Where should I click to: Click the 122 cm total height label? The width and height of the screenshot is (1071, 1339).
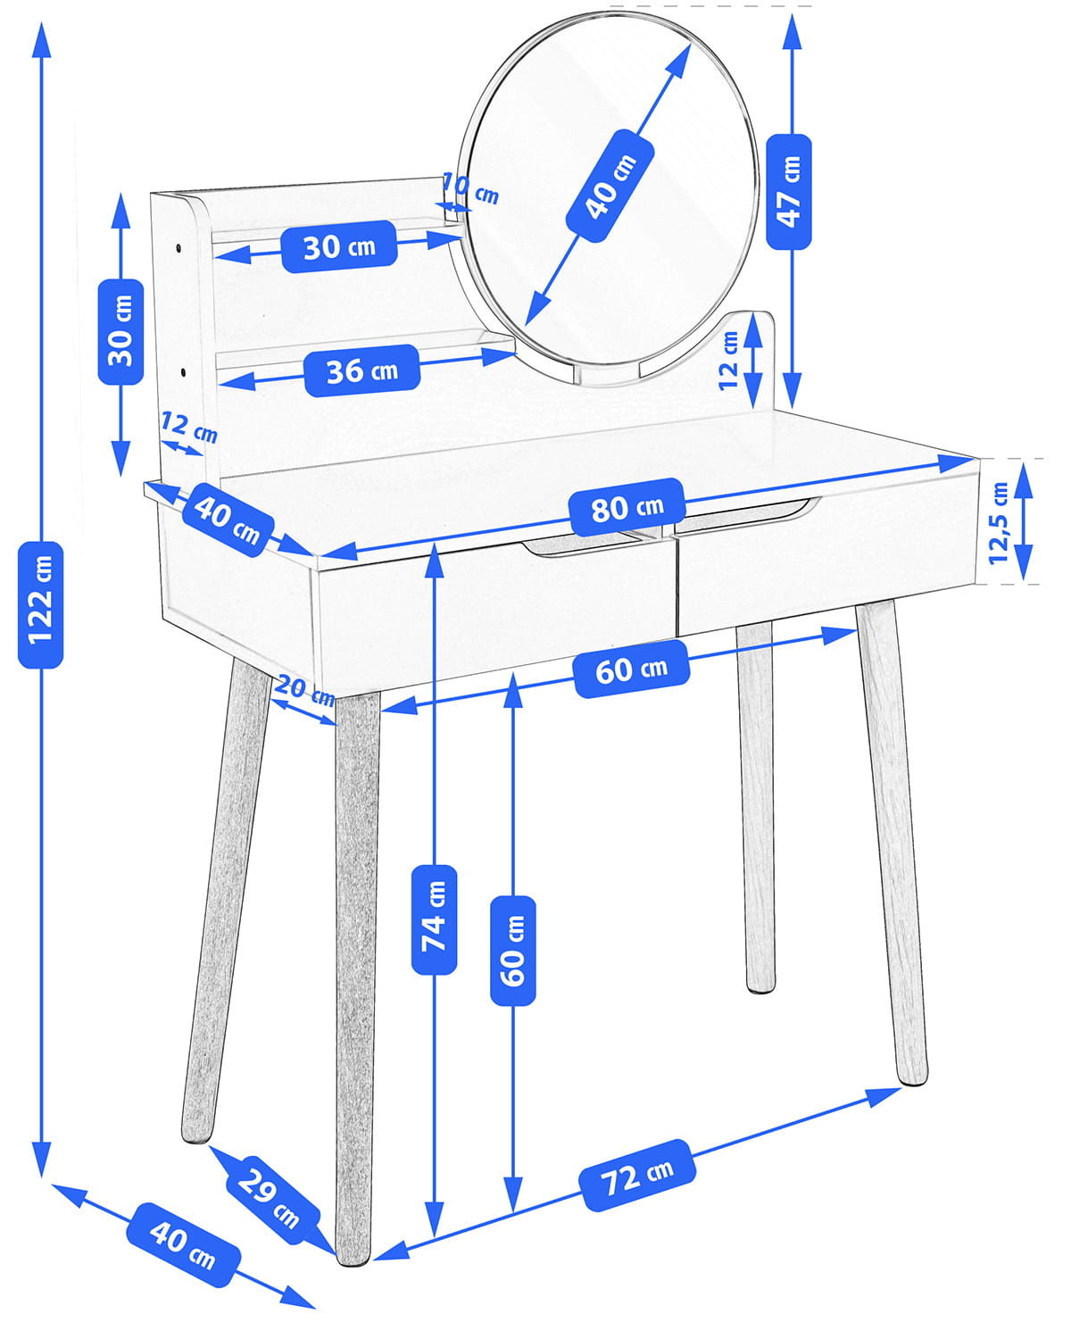click(x=40, y=604)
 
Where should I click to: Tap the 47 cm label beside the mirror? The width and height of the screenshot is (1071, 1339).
click(x=789, y=191)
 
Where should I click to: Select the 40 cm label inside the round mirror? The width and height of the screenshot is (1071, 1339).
click(x=610, y=186)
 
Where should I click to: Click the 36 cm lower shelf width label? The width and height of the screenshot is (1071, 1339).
click(x=361, y=370)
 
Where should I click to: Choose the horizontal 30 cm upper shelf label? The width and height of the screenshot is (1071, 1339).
click(x=339, y=246)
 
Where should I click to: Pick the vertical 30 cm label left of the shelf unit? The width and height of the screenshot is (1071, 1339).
click(x=120, y=331)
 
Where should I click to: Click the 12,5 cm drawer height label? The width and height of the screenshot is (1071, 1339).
click(x=999, y=522)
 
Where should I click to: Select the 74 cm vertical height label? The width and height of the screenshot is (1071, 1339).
click(x=434, y=919)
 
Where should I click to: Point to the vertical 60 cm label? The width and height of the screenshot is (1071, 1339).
click(x=513, y=951)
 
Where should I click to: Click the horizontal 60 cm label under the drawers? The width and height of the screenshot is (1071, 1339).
click(x=631, y=669)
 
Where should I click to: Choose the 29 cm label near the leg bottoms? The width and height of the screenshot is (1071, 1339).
click(x=267, y=1198)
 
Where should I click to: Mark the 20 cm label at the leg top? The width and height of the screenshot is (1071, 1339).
click(x=304, y=692)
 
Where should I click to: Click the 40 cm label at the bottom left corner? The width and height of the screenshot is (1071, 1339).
click(x=183, y=1245)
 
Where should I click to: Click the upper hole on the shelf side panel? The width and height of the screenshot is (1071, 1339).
click(x=178, y=245)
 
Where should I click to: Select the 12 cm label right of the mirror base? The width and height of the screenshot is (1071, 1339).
click(x=730, y=360)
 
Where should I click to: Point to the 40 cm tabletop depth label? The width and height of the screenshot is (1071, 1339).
click(x=228, y=520)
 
